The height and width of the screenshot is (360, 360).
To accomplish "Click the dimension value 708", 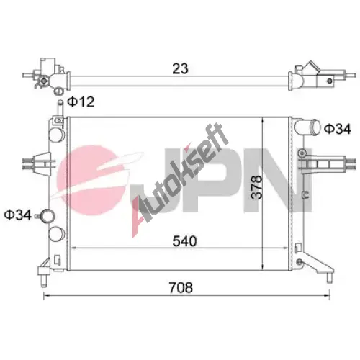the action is [181, 287].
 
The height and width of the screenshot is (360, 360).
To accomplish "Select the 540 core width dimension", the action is [184, 241].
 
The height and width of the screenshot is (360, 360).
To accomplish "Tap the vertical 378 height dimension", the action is [256, 187].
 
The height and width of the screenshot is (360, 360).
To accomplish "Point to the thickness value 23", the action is [181, 68].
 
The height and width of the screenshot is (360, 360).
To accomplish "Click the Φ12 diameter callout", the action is [81, 102].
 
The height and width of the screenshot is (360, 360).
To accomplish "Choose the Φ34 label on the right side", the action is [338, 129].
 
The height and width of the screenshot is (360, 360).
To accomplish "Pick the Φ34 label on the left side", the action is [18, 215].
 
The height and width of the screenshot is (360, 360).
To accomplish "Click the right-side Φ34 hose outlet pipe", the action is [308, 127].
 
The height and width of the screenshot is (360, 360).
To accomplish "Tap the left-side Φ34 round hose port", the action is [47, 216].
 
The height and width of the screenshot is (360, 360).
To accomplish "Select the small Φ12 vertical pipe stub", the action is [60, 109].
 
